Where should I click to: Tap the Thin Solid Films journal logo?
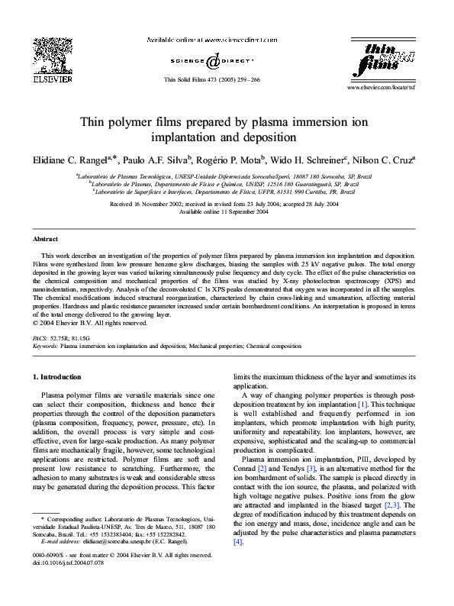tap(385, 60)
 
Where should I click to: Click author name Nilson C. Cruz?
tap(385, 160)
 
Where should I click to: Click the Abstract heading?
tap(46, 239)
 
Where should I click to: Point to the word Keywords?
tap(45, 345)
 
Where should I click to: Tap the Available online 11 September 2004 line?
tap(227, 211)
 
